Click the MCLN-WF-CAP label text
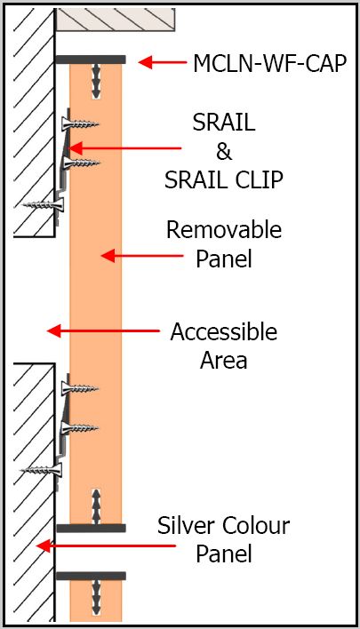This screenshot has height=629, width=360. (x=269, y=63)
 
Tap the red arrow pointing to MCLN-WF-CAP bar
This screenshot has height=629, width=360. (x=163, y=62)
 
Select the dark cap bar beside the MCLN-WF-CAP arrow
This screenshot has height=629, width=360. (x=91, y=60)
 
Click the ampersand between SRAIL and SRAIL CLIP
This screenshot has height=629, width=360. (x=223, y=151)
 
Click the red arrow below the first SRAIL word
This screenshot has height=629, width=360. (x=125, y=148)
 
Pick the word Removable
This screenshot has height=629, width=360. (x=224, y=230)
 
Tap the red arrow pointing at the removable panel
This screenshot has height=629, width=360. (x=142, y=256)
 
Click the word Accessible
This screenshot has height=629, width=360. (x=223, y=332)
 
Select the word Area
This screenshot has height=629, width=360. (x=223, y=360)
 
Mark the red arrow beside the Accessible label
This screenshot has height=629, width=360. (x=103, y=331)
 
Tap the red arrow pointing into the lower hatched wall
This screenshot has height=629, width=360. (x=106, y=546)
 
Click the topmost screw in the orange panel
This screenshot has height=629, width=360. (x=80, y=123)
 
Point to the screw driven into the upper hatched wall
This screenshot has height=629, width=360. (x=43, y=205)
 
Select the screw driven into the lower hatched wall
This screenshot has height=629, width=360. (x=42, y=470)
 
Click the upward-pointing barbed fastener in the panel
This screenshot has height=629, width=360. (x=96, y=506)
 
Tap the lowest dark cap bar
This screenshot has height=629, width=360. (x=91, y=576)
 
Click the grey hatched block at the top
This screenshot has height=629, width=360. (x=116, y=20)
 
